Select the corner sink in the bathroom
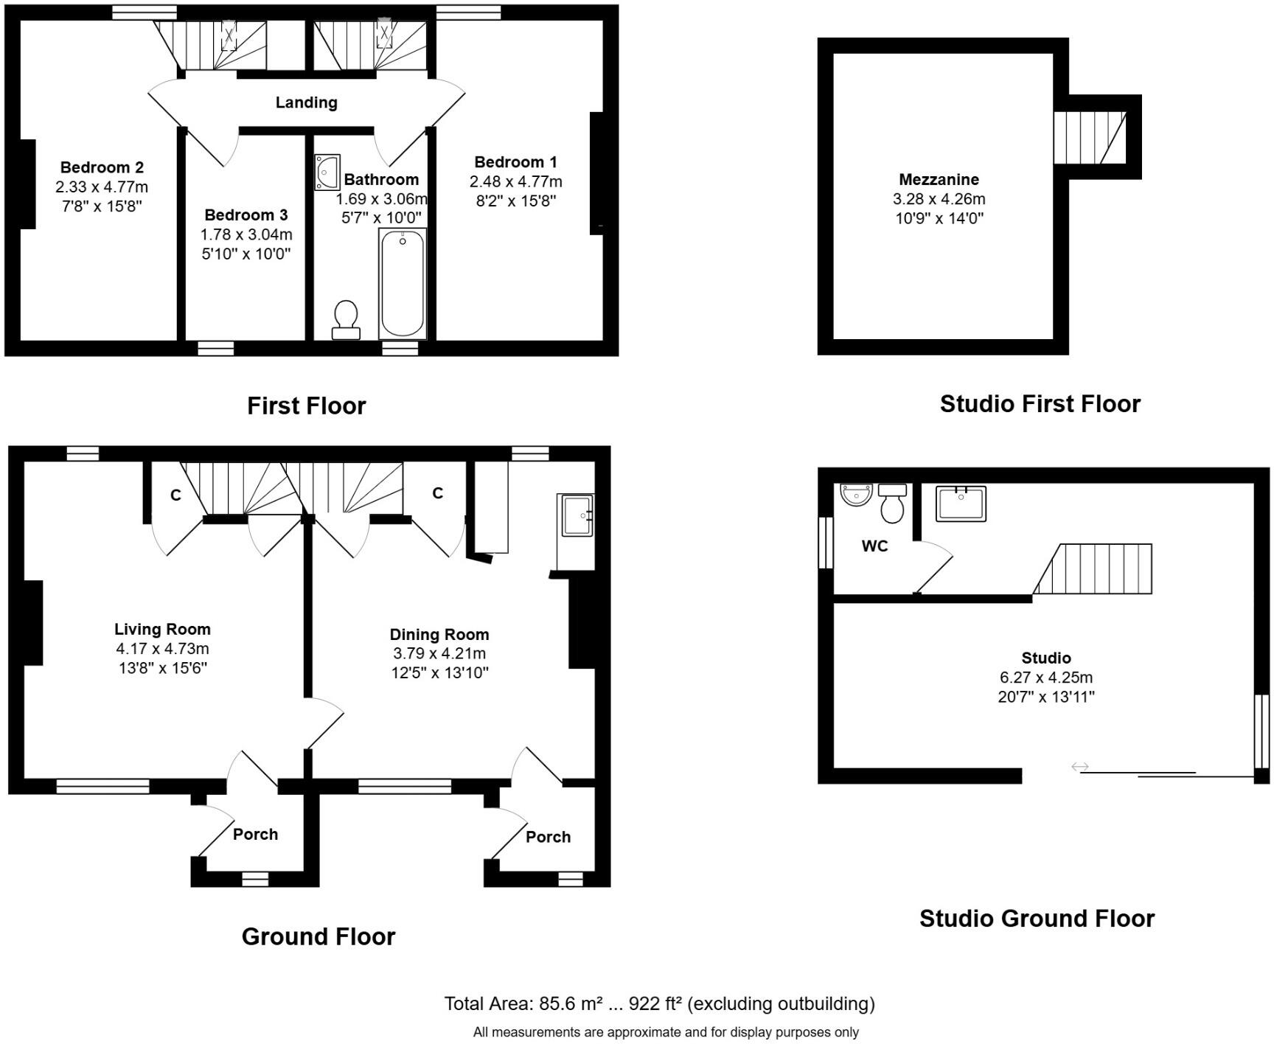point(327,172)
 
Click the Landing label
point(307,102)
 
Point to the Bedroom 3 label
point(246,215)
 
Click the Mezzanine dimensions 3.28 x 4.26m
point(939,199)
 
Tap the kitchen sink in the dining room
point(577,515)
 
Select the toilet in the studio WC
point(892,503)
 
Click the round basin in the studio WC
point(856,495)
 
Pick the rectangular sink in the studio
point(961,504)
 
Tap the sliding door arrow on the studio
point(1080,767)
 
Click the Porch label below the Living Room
point(255,835)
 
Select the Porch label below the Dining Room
point(548,838)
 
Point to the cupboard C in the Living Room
point(175,495)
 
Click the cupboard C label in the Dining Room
point(438,493)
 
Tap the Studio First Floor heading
point(1040,404)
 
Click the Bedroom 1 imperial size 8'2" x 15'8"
point(515,201)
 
